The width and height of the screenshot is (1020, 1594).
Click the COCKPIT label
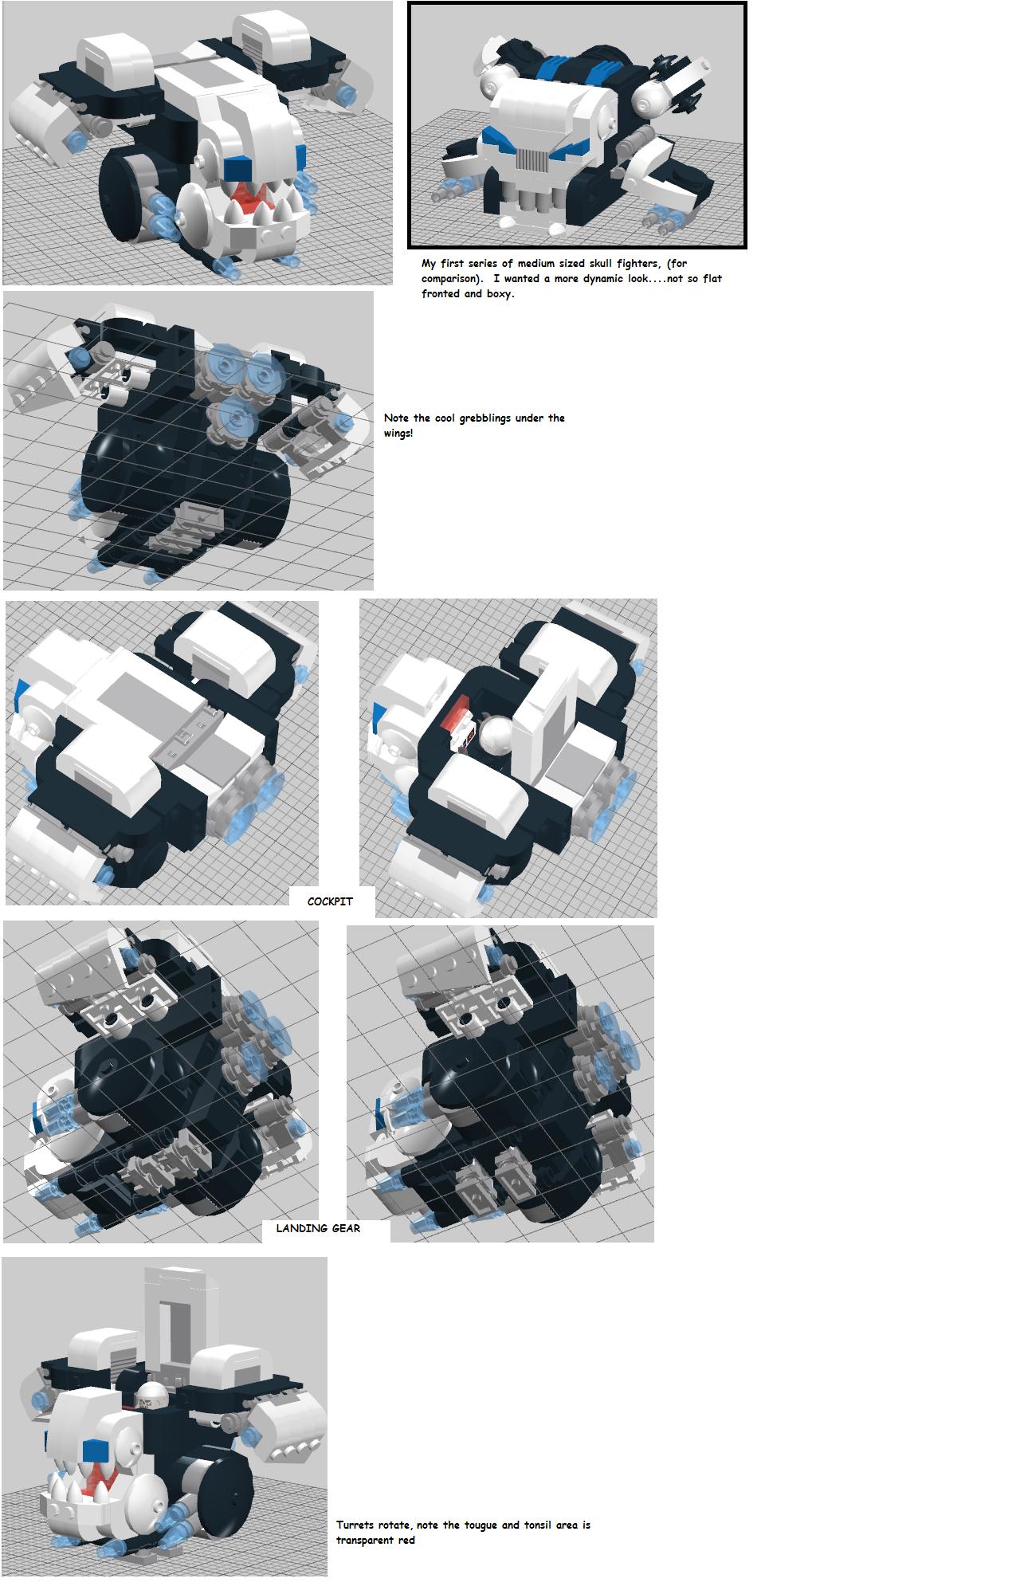pos(330,901)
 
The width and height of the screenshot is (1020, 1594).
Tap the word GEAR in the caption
pos(344,1228)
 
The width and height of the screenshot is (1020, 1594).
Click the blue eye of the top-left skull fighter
pos(238,168)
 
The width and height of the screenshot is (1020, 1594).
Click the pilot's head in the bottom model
pos(152,1393)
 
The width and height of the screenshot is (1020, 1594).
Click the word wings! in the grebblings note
pos(398,433)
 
